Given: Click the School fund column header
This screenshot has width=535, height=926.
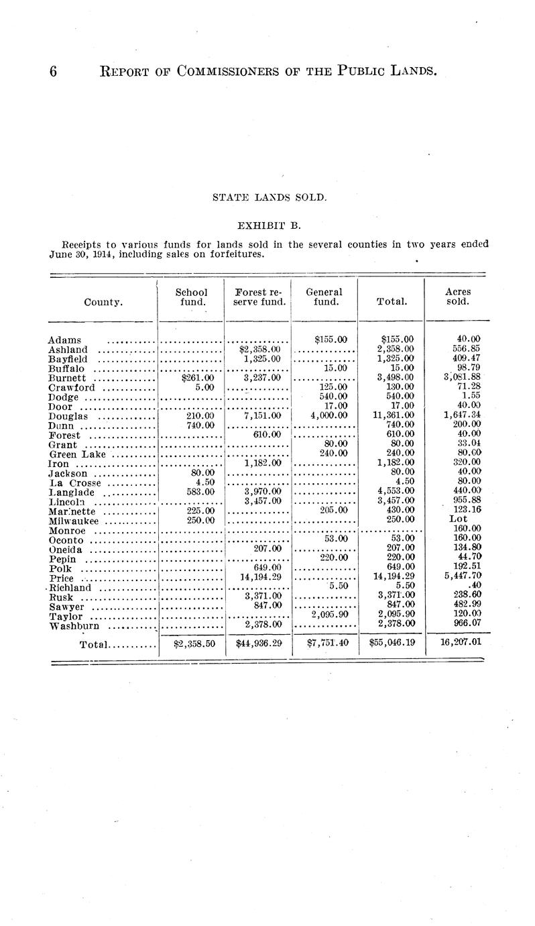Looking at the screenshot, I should (x=191, y=297).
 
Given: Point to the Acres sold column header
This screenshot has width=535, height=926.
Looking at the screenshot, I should (x=458, y=297).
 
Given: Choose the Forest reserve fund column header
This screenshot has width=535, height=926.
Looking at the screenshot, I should (x=258, y=297).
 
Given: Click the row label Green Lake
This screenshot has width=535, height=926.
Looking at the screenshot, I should (x=76, y=454).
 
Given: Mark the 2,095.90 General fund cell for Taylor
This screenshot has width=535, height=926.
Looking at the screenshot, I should (x=329, y=615).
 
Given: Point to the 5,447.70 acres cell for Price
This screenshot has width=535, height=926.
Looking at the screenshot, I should (x=458, y=577).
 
